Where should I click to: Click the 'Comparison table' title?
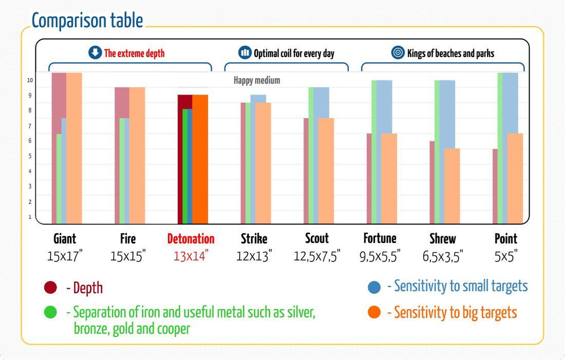[x=87, y=21]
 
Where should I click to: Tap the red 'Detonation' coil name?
[x=191, y=238]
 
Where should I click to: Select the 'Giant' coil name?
[x=64, y=238]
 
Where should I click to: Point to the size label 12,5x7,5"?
[x=316, y=256]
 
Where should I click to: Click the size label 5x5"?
[x=506, y=256]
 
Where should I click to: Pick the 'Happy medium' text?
[x=257, y=81]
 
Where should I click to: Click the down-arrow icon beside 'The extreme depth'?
[x=95, y=53]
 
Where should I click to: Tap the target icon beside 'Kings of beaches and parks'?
[x=398, y=53]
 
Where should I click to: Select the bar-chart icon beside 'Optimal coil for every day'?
[x=245, y=53]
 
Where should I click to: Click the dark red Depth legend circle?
[x=50, y=288]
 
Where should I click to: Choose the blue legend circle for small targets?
[x=373, y=287]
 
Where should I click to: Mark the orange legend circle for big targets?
[x=373, y=312]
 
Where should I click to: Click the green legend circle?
[x=50, y=312]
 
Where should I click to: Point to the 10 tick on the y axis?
[x=29, y=80]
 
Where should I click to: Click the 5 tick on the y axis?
[x=29, y=156]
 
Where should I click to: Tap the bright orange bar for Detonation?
[x=200, y=159]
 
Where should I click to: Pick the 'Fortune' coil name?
[x=380, y=238]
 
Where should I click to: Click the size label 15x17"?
[x=64, y=256]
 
